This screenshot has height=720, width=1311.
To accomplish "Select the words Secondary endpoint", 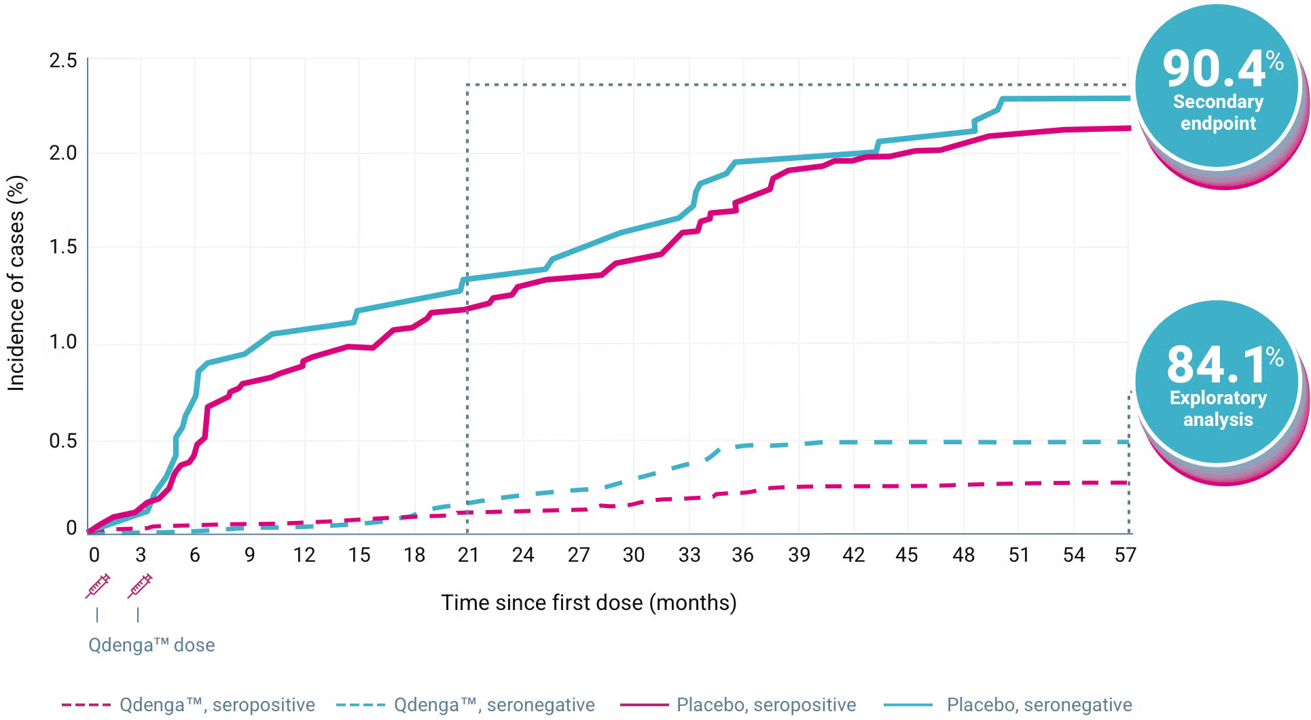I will pos(1218,112).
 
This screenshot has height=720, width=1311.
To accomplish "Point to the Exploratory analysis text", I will pos(1218,408).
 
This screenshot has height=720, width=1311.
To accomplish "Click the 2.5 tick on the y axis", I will pos(63,60).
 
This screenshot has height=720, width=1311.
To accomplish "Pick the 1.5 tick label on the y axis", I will pos(63,247).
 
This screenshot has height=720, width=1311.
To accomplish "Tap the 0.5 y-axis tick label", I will pos(63,441).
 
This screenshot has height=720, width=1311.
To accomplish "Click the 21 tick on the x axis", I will pos(468,555).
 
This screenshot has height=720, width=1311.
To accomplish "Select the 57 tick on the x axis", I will pos(1125,555).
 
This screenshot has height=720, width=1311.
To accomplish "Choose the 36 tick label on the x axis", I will pos(742,555).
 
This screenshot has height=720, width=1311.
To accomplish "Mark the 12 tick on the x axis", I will pos(304,555).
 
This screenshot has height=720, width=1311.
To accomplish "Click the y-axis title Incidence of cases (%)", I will pos(16,283).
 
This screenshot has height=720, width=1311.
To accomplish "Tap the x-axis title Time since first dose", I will pos(588,602).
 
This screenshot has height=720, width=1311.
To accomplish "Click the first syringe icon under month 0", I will pos(97,586).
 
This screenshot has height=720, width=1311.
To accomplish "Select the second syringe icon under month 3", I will pos(140,586).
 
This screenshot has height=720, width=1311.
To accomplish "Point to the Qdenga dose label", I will pos(151,645).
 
